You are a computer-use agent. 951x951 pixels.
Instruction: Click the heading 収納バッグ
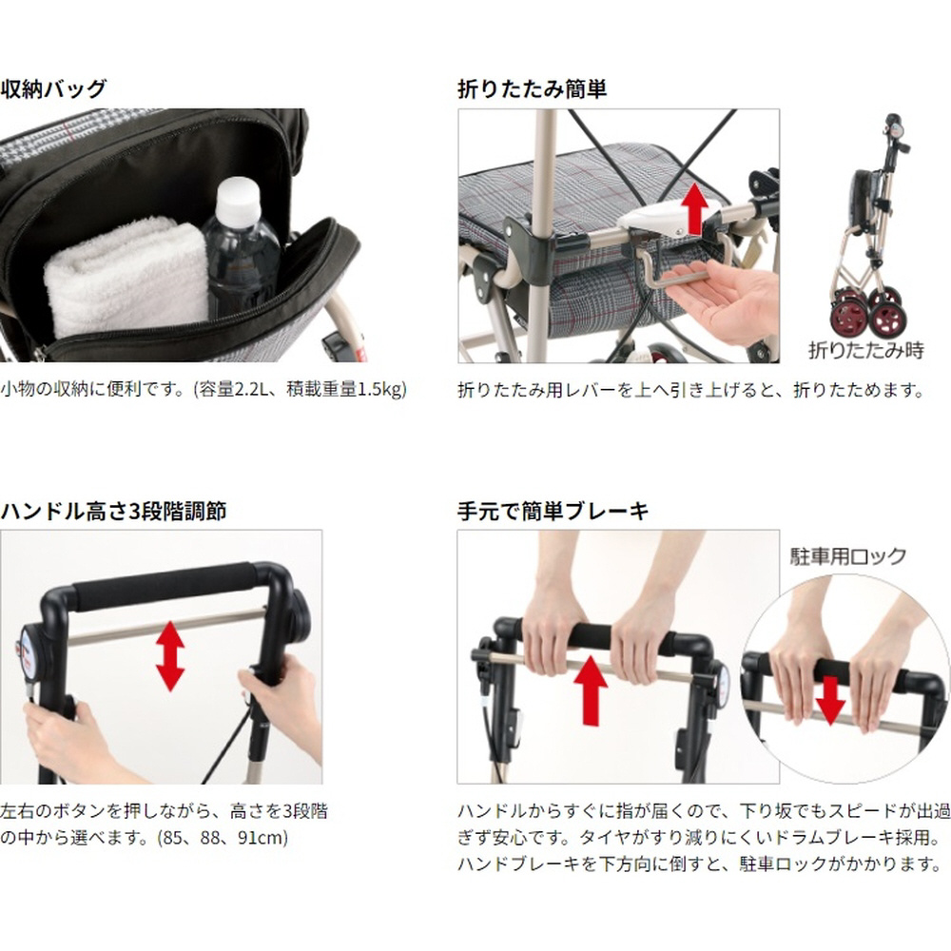point(53,89)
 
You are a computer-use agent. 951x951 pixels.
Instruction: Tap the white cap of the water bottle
point(238,200)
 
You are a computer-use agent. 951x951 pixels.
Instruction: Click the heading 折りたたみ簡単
point(532,89)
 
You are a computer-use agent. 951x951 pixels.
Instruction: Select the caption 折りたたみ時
point(865,350)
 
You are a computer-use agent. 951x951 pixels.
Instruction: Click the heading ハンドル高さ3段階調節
point(113,512)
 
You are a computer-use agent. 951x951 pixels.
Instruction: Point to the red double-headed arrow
point(170,655)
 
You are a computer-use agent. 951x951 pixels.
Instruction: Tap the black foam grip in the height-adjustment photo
point(163,587)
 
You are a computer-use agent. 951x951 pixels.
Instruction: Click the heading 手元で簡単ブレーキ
point(553,512)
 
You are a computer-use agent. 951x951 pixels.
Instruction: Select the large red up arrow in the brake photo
point(591,690)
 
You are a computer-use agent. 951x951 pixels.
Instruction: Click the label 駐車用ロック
point(847,556)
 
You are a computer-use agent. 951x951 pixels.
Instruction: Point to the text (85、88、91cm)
point(222,838)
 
